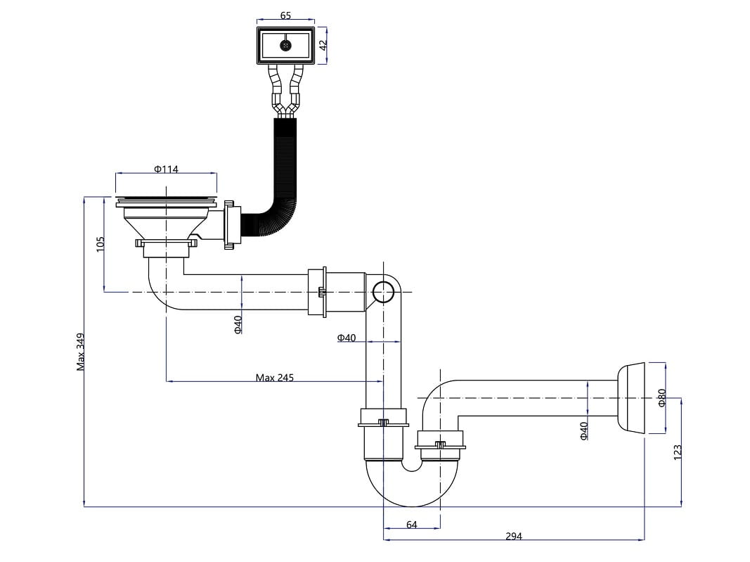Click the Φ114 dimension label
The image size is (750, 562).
coord(166,169)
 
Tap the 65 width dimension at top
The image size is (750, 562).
coord(285,15)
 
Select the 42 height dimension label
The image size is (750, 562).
coord(323,44)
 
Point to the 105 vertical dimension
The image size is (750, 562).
coord(101,243)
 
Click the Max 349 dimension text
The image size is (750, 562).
coord(81,352)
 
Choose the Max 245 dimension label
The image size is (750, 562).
coord(274,378)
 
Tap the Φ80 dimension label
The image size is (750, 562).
coord(661,398)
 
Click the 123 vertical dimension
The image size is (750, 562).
coord(677,452)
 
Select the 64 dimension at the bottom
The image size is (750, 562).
coord(412,525)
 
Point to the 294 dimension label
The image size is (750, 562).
coord(514,537)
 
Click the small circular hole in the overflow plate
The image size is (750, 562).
coord(285,45)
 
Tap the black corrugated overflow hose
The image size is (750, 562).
coord(285,176)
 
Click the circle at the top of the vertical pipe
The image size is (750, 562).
coord(383,291)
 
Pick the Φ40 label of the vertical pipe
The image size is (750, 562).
coord(347,338)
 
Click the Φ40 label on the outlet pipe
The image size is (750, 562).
coord(584,430)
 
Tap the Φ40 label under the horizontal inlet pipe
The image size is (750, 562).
coord(238,324)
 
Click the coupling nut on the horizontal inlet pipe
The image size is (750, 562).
coord(317,292)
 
